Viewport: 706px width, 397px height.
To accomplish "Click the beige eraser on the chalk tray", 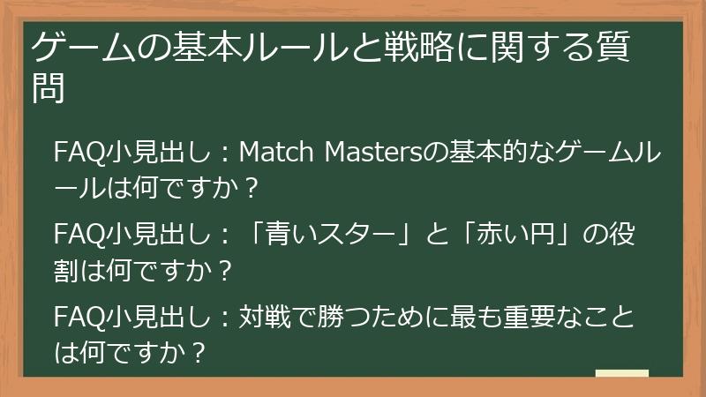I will pos(622,374).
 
